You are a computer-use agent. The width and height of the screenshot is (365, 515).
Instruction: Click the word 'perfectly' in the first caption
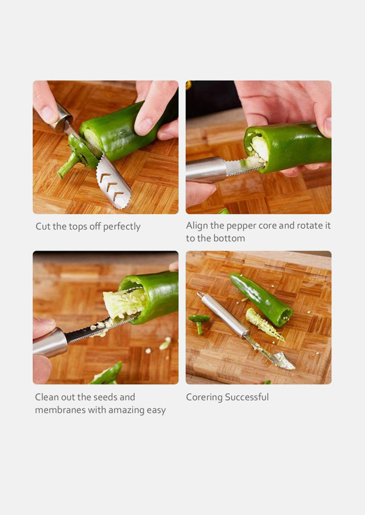coord(122,227)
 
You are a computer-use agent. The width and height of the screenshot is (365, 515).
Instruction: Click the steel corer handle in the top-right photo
coord(206,169)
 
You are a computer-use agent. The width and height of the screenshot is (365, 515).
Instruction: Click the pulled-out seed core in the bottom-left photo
coord(124,303)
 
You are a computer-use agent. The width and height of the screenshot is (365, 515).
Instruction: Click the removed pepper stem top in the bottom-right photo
coord(199,322)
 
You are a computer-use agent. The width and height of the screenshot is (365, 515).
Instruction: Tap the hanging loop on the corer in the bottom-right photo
coord(200,294)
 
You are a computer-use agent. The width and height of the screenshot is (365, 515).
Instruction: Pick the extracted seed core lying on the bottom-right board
coord(264,324)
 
